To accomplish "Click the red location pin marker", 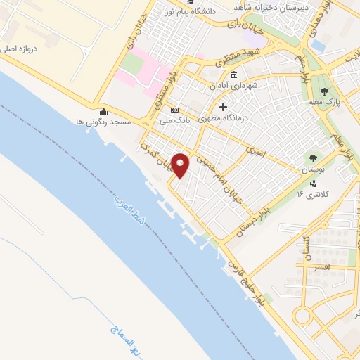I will [x=181, y=165].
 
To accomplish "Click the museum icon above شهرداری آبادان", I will [x=233, y=75].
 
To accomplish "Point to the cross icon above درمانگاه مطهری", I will [x=224, y=107].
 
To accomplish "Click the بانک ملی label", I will [x=173, y=120].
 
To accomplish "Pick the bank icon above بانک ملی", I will [x=174, y=110].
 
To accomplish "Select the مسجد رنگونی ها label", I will [x=103, y=122].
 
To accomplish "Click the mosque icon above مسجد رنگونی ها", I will [x=104, y=111].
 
